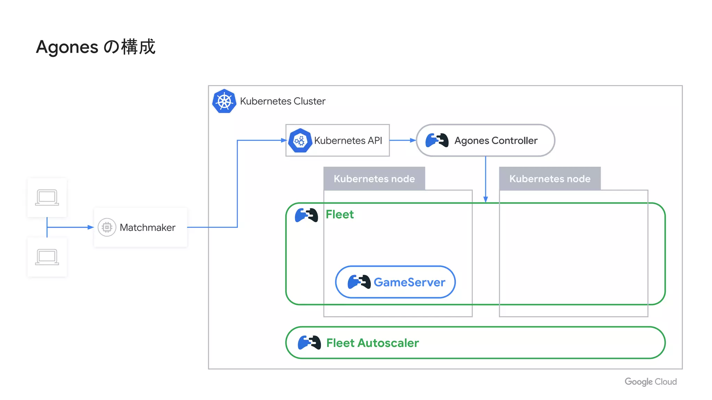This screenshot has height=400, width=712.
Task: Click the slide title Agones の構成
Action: (96, 47)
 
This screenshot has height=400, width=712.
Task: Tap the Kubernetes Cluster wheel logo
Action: (224, 101)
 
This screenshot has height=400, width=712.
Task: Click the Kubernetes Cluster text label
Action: (283, 101)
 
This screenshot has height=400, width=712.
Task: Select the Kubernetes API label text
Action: (348, 141)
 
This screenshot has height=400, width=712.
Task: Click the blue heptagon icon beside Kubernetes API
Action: (300, 141)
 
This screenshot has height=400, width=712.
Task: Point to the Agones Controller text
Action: (496, 141)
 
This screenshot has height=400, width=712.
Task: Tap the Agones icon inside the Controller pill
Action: (437, 140)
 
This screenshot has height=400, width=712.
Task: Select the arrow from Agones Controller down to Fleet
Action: (486, 179)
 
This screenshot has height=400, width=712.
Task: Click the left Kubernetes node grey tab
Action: (374, 178)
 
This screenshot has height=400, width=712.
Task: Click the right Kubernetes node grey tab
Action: (550, 178)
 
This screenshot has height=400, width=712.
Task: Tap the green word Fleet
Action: (340, 215)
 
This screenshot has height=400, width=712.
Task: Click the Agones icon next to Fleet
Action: (306, 215)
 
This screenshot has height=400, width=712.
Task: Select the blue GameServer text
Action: (409, 282)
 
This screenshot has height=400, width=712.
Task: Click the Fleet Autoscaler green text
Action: (372, 343)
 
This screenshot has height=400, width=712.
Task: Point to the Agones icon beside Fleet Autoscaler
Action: (309, 343)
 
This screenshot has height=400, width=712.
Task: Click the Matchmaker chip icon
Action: (107, 227)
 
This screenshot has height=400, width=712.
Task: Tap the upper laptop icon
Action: (47, 198)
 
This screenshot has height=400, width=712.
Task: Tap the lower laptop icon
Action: (47, 257)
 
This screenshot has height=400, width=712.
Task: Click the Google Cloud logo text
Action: (650, 382)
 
